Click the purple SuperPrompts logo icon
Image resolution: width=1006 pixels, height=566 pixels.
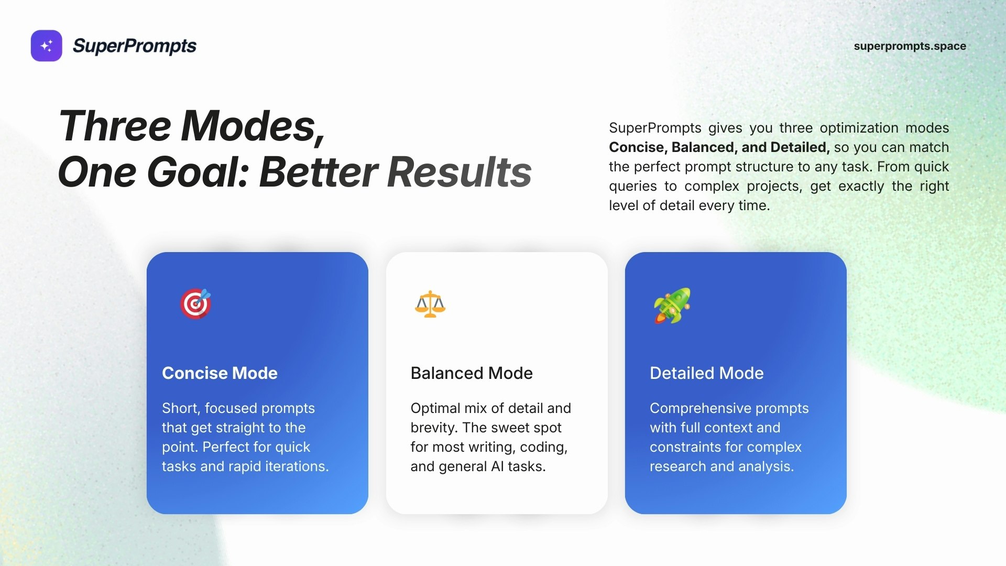47,46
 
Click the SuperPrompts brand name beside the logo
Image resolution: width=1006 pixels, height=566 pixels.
135,46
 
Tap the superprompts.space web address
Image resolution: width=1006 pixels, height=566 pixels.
910,46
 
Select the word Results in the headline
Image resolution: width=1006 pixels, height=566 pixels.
460,172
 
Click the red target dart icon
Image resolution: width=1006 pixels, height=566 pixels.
195,303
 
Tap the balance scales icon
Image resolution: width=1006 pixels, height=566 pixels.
430,304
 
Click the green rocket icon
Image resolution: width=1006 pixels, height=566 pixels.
672,306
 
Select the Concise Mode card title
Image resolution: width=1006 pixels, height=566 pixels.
220,373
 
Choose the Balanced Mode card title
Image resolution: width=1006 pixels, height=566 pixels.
472,373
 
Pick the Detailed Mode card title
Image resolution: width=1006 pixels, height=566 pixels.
707,373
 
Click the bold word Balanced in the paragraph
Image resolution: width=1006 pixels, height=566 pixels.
703,147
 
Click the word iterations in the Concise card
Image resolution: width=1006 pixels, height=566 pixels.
297,466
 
